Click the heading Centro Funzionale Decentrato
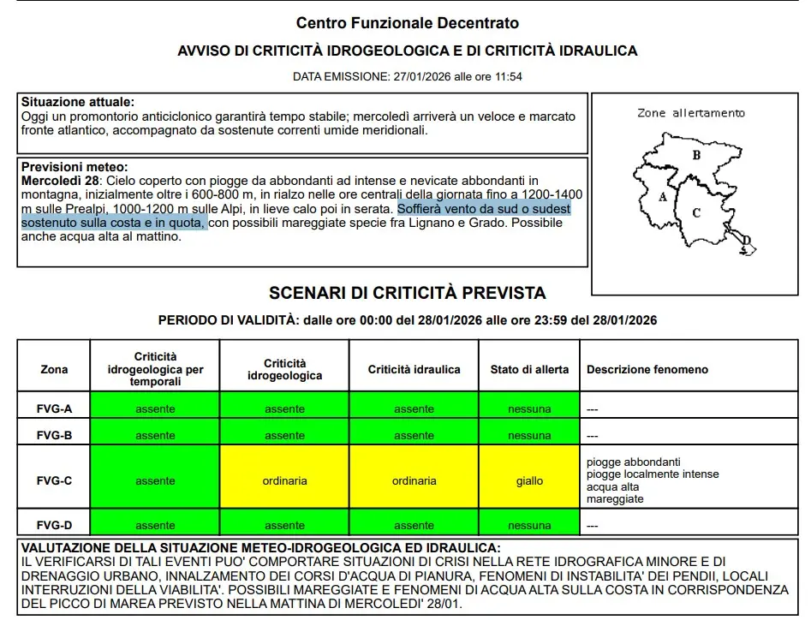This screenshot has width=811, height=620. point(407,23)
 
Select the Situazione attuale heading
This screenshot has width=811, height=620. point(78,102)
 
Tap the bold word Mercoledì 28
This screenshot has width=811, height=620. point(61,182)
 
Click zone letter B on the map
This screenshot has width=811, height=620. point(696,155)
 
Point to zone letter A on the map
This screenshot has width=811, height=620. point(662,196)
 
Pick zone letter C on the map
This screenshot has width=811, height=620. point(696,213)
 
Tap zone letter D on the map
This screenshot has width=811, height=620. point(745,241)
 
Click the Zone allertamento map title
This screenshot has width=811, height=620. point(691,113)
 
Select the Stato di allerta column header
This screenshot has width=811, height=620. point(529,370)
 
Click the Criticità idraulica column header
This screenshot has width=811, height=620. point(414,370)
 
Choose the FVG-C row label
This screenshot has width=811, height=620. point(54,481)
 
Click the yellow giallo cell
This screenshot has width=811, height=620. point(529,481)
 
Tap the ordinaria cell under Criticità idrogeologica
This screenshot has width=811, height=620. point(284,481)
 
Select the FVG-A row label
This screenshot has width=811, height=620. point(54,409)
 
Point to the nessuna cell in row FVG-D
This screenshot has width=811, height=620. point(529,526)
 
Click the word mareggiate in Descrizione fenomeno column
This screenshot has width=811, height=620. point(615,499)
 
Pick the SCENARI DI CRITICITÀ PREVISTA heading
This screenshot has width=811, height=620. point(407,294)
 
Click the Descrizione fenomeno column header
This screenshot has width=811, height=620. point(647,370)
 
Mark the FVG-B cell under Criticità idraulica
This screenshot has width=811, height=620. point(414,436)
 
